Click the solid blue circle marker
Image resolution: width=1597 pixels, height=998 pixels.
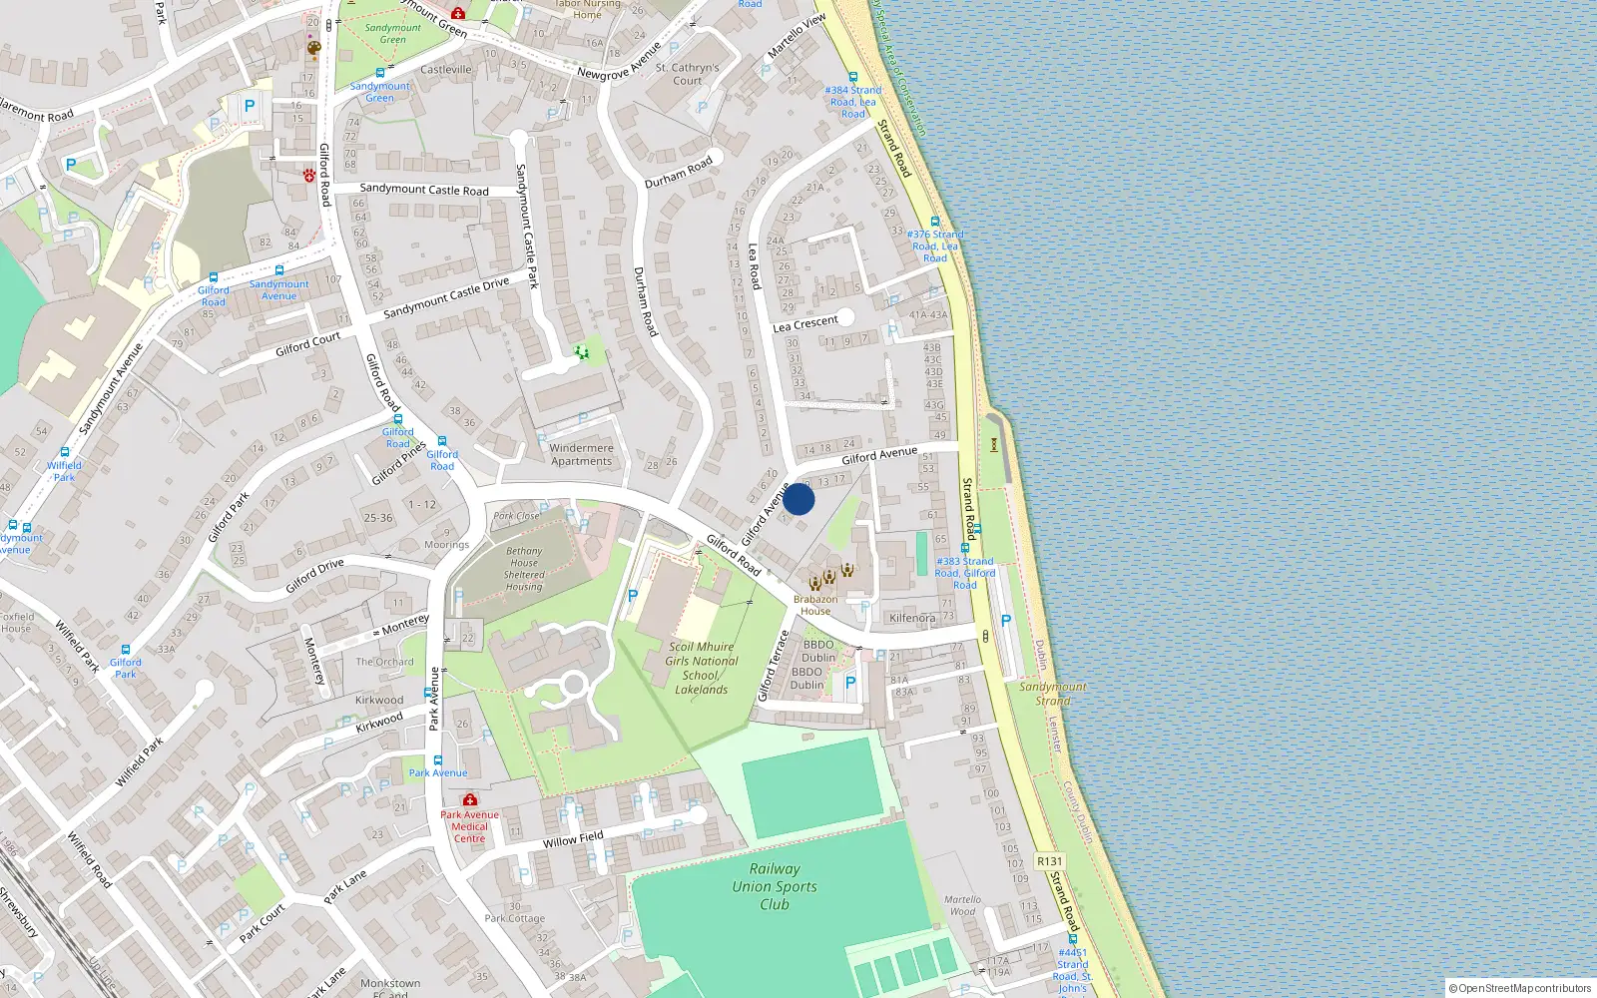[x=798, y=499]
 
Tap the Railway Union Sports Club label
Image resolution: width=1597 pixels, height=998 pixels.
[x=775, y=886]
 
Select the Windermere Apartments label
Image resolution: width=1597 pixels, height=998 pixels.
[x=581, y=454]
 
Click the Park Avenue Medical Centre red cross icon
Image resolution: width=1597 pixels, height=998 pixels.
[x=469, y=799]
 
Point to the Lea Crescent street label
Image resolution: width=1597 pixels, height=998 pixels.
[x=805, y=323]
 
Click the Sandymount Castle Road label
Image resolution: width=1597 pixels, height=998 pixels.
[x=424, y=189]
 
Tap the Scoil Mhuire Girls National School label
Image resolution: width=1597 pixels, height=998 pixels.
[x=702, y=668]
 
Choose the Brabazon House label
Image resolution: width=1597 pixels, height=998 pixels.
[x=815, y=605]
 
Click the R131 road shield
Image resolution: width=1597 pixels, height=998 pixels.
[x=1049, y=861]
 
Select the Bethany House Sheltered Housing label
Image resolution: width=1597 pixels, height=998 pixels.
[x=524, y=569]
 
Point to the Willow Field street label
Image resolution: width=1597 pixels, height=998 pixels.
[x=573, y=839]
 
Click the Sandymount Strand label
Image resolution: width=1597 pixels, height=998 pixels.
[x=1052, y=694]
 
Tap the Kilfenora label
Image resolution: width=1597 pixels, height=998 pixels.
[x=912, y=618]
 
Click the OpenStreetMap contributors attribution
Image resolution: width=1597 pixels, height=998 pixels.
[x=1520, y=988]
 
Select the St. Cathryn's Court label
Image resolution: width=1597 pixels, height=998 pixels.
[x=687, y=74]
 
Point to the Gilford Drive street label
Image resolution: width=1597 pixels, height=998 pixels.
[x=314, y=576]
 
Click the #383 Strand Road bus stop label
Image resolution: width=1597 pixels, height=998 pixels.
[x=964, y=573]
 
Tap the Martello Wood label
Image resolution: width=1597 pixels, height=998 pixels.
[x=962, y=905]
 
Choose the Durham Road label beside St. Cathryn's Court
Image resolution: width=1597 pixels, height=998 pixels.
[x=679, y=172]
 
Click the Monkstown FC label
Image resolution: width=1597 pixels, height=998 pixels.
[x=390, y=988]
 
